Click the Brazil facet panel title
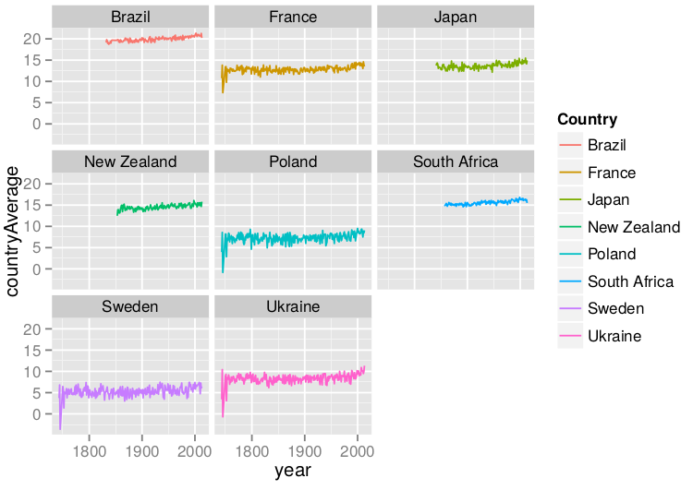[x=130, y=17]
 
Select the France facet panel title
[x=292, y=17]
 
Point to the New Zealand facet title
[x=130, y=161]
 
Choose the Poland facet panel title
[x=292, y=161]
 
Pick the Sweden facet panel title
[x=130, y=306]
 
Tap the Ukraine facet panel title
[x=292, y=306]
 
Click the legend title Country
[x=587, y=119]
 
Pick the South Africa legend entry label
[x=630, y=281]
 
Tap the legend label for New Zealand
[x=633, y=227]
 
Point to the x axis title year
[x=292, y=471]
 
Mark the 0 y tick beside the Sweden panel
[x=37, y=414]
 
